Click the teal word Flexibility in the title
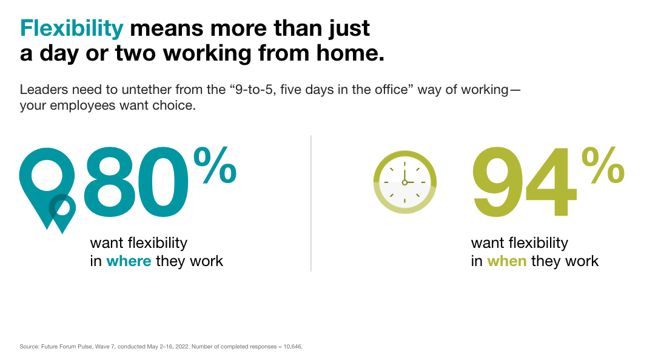coord(72,28)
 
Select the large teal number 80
coord(136,182)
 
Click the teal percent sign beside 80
coord(215,165)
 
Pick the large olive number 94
coord(524,182)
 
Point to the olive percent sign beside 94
coord(603,165)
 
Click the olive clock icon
coord(404,182)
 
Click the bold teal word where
coord(129,261)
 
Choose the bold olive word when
coord(507,261)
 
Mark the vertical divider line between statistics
coord(311,203)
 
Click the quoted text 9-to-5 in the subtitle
coord(253,89)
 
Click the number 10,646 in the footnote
coord(292,347)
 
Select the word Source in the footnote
coord(29,347)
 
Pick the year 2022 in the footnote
coord(182,347)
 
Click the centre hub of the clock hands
coord(404,182)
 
